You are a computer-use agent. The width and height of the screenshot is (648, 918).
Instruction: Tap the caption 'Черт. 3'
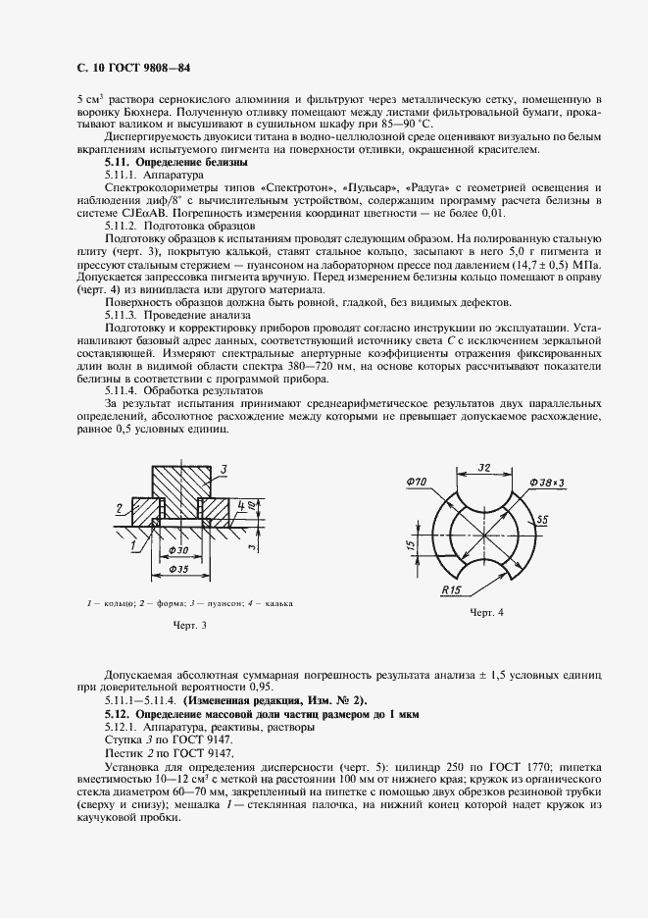pos(190,625)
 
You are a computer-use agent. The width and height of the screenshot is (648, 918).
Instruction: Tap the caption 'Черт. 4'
pos(486,613)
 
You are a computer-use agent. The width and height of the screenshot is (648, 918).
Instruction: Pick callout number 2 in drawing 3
pos(117,508)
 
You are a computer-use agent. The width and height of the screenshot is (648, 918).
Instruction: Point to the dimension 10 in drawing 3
pos(252,506)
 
